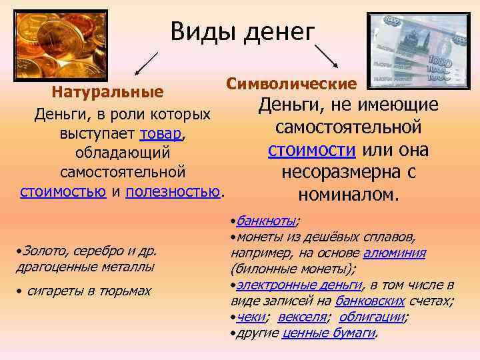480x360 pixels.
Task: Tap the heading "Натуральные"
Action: tap(108, 90)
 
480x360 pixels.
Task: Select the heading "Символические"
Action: tap(291, 84)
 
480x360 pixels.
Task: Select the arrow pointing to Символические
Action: tap(325, 55)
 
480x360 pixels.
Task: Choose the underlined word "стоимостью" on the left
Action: tap(63, 193)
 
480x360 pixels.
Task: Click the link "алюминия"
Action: tap(395, 253)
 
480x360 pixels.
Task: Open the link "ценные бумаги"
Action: tap(329, 332)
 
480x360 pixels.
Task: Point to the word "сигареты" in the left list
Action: tap(53, 291)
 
